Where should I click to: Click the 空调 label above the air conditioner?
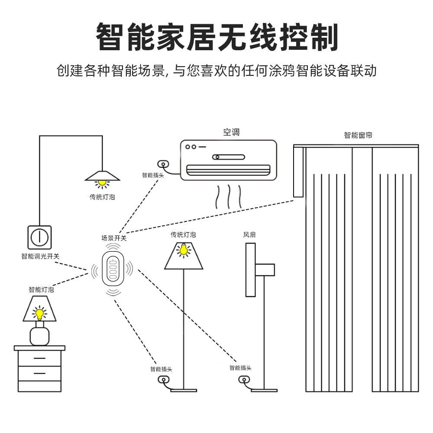pos(231,132)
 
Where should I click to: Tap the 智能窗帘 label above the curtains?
pos(358,135)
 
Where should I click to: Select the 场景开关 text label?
pos(114,238)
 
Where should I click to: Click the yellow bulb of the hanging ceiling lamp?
pos(102,183)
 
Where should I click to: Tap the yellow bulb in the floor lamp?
pos(184,250)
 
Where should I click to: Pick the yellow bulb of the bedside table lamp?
pos(39,313)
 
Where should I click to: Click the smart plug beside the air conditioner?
pos(163,164)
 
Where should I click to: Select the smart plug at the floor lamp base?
pos(163,380)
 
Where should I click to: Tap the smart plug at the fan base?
pos(244,380)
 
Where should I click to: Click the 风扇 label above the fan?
pos(249,235)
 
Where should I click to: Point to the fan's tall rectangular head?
pos(250,270)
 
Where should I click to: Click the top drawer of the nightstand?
pos(39,359)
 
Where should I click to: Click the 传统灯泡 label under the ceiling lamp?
pos(102,197)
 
